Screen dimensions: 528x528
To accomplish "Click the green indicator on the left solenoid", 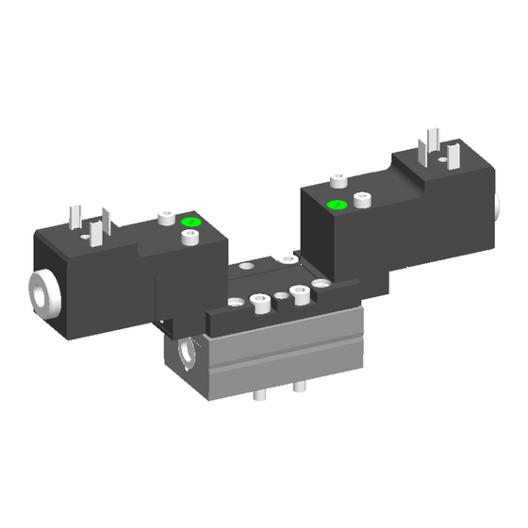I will pyautogui.click(x=190, y=223).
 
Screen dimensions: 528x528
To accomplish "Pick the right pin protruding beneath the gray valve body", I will pyautogui.click(x=299, y=388).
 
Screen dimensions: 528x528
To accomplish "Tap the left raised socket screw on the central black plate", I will pyautogui.click(x=255, y=302).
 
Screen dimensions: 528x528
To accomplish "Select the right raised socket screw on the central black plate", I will pyautogui.click(x=301, y=291).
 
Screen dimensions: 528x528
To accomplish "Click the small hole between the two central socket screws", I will pyautogui.click(x=279, y=298).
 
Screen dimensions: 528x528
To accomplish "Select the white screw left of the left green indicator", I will pyautogui.click(x=166, y=219).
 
